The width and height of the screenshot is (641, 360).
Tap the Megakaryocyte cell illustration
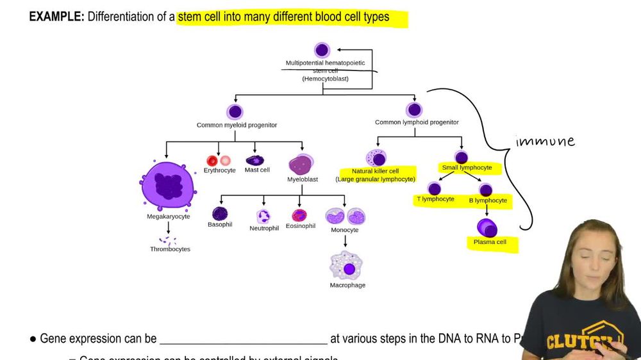[x=168, y=186]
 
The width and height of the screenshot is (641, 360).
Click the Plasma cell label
[x=490, y=242]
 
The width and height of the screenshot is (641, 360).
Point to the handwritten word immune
[x=545, y=142]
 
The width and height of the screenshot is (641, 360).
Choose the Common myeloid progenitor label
[x=237, y=125]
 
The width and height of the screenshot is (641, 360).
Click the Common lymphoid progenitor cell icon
[x=414, y=110]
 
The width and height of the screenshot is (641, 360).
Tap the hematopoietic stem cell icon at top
[x=322, y=50]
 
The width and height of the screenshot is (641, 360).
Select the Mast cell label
[x=257, y=170]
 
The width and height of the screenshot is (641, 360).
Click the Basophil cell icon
[x=220, y=214]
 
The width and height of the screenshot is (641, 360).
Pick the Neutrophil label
[x=264, y=228]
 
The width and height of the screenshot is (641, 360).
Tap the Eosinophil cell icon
[x=299, y=215]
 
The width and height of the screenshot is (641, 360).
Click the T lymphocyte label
[x=435, y=199]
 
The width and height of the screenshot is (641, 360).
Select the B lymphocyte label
[x=488, y=200]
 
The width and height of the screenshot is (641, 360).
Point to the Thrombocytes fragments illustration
[x=169, y=241]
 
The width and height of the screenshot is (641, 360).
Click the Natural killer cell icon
[x=376, y=158]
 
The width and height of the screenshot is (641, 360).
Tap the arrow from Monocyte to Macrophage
[x=345, y=241]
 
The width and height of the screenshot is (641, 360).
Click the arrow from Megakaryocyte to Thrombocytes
[x=168, y=227]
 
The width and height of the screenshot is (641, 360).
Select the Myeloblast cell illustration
[x=301, y=164]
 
